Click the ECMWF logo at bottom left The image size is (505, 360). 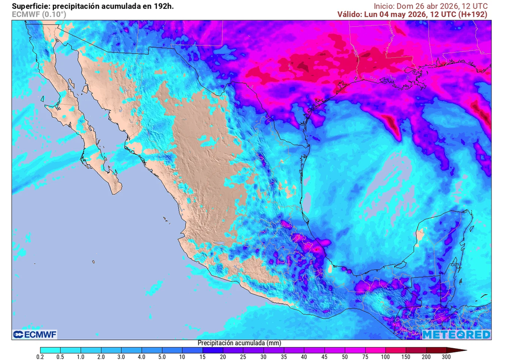click(x=35, y=335)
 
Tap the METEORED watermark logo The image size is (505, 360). click(x=456, y=335)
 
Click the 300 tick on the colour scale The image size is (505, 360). click(x=446, y=356)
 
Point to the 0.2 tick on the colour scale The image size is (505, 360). click(x=40, y=356)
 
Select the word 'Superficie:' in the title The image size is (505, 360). click(x=31, y=6)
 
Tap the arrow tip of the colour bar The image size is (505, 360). click(x=466, y=350)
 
